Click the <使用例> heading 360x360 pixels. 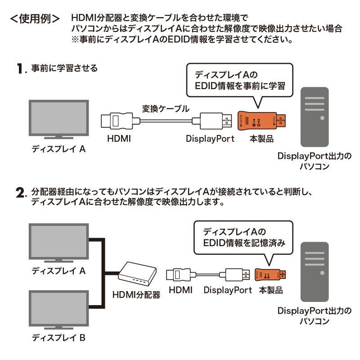tap(35, 20)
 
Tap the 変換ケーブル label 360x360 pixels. tap(166, 108)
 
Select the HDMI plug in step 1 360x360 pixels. tap(115, 121)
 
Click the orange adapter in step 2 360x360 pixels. tap(270, 274)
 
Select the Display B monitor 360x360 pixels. tap(57, 310)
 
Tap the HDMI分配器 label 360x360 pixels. tap(136, 295)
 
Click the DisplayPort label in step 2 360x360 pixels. tap(227, 290)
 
